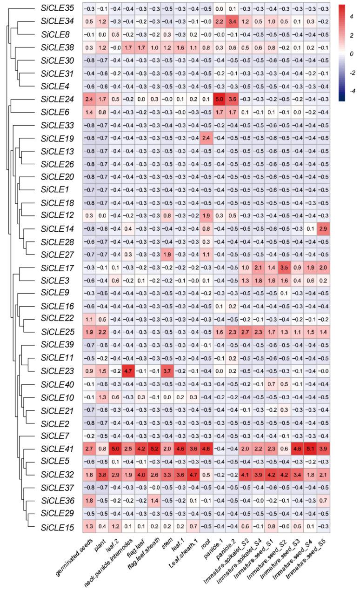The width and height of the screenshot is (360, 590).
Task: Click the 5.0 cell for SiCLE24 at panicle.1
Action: pyautogui.click(x=215, y=98)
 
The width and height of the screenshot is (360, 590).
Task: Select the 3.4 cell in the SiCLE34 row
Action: pyautogui.click(x=228, y=21)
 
